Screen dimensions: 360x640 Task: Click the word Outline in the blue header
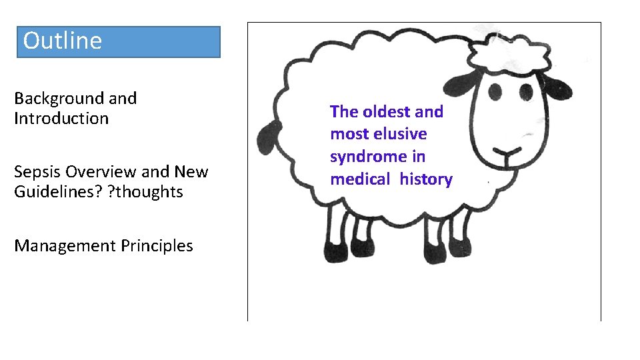pos(62,41)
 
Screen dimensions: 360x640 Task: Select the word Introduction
pos(61,119)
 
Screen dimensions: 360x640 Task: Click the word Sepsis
pos(37,172)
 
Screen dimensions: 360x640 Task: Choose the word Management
pos(65,246)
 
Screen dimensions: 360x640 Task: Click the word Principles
pos(157,246)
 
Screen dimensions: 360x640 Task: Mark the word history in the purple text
pos(426,179)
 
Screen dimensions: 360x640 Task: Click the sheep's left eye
pos(497,91)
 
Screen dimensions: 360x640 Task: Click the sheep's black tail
pos(270,141)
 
